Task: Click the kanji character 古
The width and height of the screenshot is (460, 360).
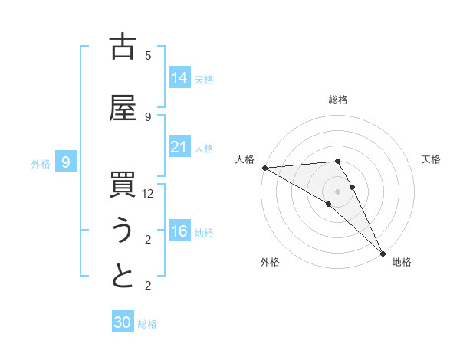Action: (x=123, y=47)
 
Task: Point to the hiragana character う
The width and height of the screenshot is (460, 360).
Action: (x=123, y=231)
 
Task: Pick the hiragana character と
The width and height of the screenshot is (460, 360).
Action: (x=123, y=277)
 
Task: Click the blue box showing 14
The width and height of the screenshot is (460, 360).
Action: (x=179, y=77)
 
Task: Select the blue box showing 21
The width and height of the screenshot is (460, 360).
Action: (x=179, y=147)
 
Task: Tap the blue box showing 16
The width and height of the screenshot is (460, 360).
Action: (x=179, y=231)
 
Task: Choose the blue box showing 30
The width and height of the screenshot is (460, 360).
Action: (x=123, y=322)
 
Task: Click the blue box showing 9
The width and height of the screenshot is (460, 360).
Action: (x=67, y=162)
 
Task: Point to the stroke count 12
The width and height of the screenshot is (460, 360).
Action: (x=148, y=194)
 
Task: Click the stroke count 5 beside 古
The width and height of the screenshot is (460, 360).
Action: (x=148, y=56)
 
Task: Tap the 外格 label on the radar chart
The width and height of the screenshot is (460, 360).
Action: (x=270, y=262)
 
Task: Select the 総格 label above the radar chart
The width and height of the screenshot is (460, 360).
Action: (x=337, y=100)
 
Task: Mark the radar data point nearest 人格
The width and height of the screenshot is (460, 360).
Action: (x=264, y=168)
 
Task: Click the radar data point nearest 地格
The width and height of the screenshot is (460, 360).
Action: (x=382, y=253)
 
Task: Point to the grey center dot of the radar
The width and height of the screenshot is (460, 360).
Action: (x=337, y=191)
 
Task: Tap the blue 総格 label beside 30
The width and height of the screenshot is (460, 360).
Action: (x=148, y=324)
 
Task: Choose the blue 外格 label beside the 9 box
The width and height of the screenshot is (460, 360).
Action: (x=41, y=162)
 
